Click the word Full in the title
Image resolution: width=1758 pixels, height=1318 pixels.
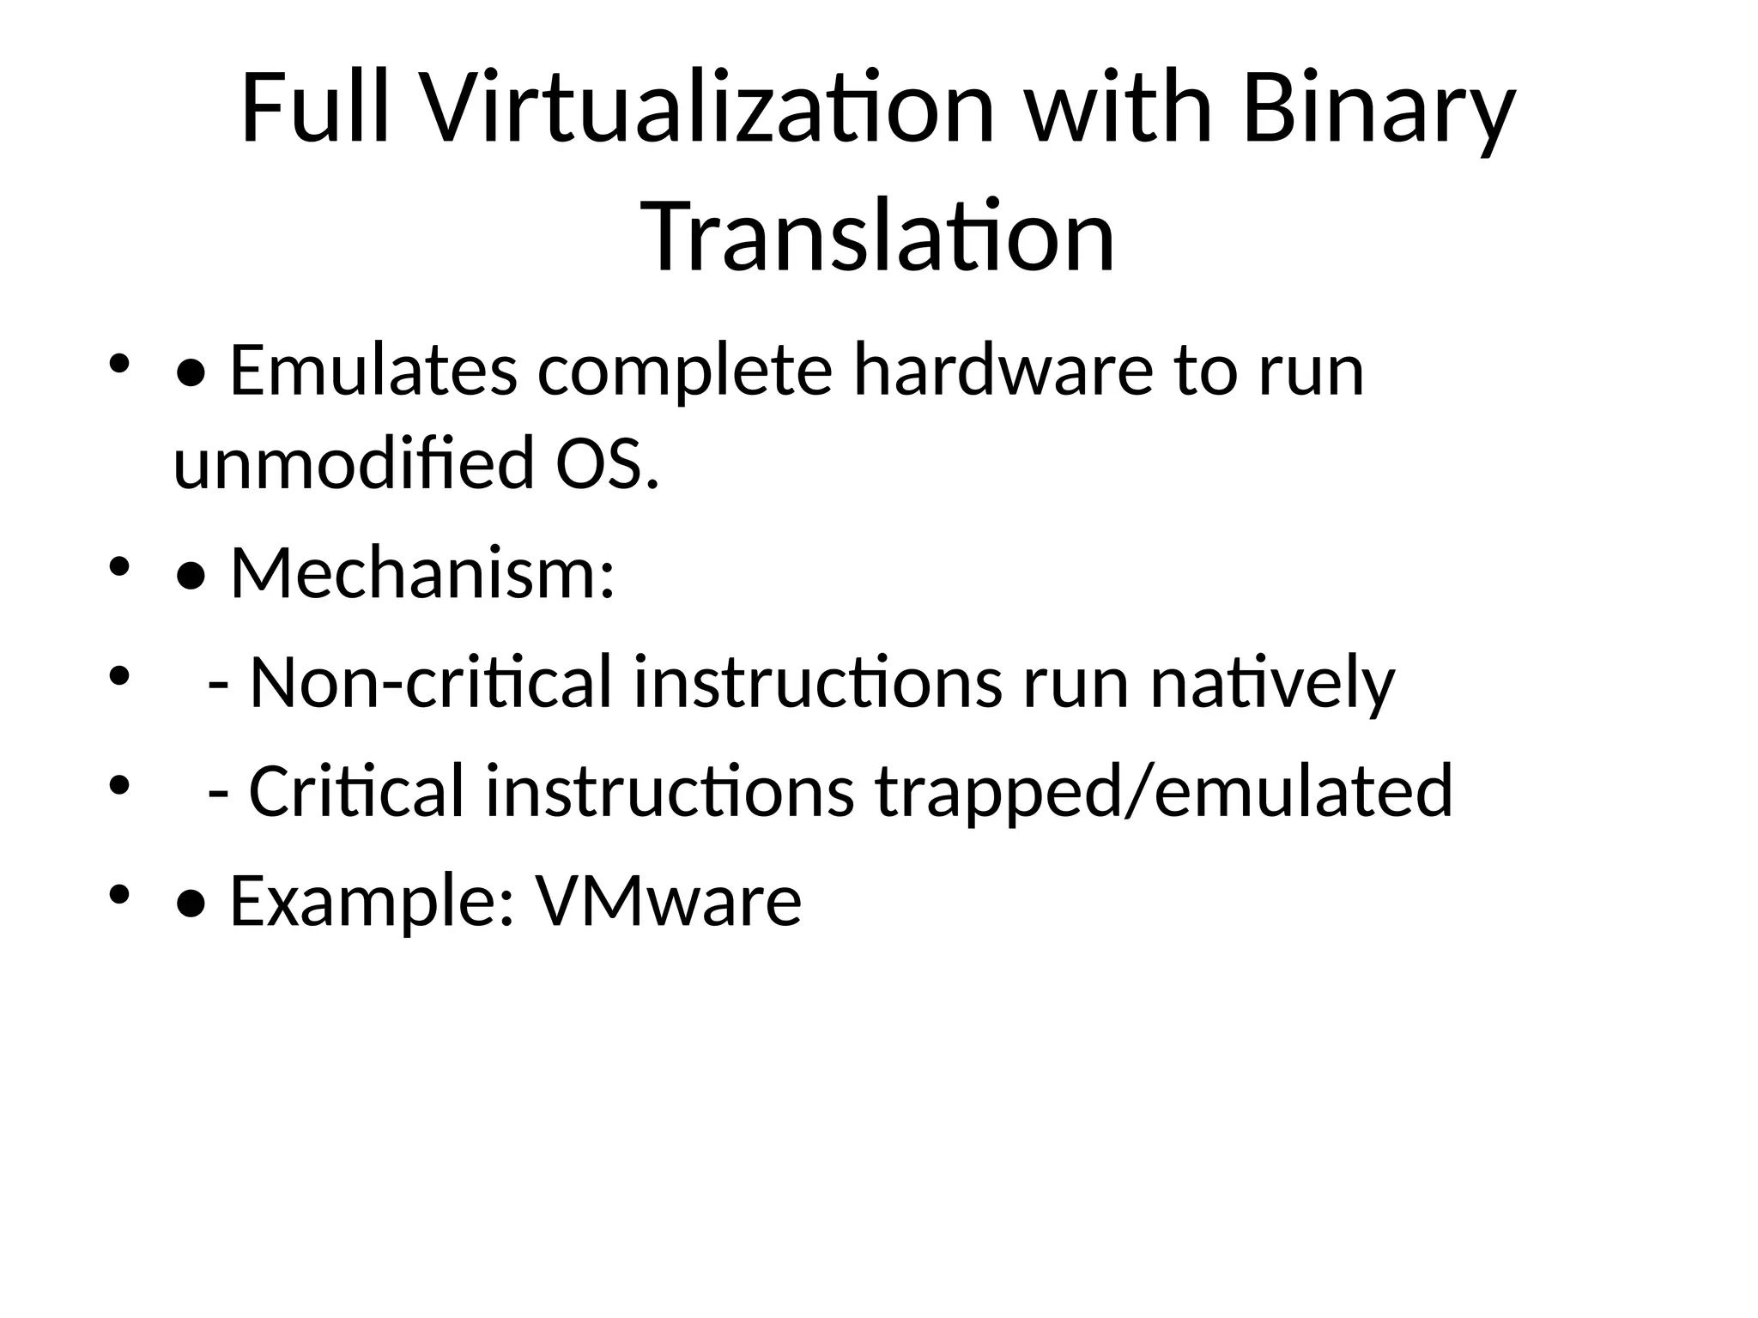[x=314, y=110]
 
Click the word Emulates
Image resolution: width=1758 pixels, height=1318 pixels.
[x=373, y=371]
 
